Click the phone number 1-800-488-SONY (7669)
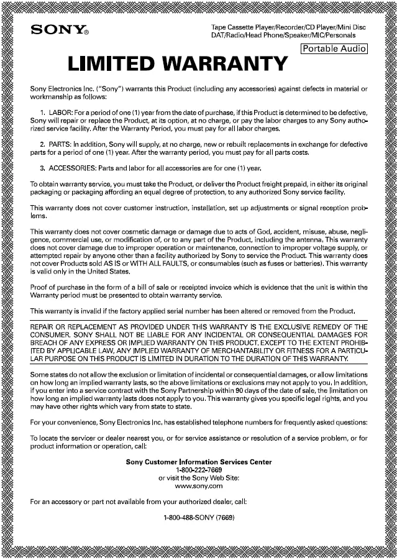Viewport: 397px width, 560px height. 198,518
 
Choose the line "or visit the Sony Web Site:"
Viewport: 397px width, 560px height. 198,477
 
